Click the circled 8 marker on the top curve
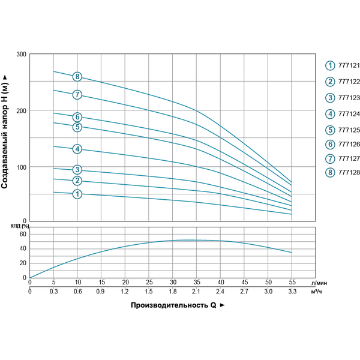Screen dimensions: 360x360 [x=77, y=76]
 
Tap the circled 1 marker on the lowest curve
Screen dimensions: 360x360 [x=77, y=194]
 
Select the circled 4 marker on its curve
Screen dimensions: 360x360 [x=77, y=149]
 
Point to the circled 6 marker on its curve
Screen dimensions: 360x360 [x=77, y=117]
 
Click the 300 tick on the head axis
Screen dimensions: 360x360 [x=21, y=55]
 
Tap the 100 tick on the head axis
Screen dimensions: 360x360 [x=21, y=167]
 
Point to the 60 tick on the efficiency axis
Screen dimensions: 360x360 [x=23, y=234]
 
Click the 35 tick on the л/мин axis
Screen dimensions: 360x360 [x=197, y=282]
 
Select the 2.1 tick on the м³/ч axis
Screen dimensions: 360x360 [x=197, y=292]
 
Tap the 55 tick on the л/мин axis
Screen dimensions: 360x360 [x=292, y=282]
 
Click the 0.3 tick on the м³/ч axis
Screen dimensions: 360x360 [x=53, y=292]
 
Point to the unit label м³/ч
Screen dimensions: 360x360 [x=318, y=292]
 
